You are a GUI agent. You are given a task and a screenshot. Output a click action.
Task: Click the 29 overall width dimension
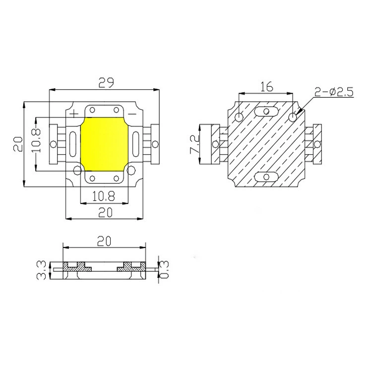[x=106, y=82]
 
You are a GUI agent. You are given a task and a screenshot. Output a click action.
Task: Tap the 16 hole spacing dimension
[x=267, y=87]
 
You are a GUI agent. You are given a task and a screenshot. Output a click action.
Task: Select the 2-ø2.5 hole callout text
[x=334, y=92]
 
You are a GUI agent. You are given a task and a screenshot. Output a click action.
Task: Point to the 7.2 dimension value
[x=194, y=144]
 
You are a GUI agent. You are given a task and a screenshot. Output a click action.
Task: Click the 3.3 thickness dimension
[x=41, y=270]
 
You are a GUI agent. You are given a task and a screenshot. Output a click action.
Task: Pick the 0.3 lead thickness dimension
[x=164, y=269]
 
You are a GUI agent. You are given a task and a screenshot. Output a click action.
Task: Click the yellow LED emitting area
[x=104, y=144]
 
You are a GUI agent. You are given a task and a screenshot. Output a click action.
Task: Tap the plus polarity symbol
[x=74, y=114]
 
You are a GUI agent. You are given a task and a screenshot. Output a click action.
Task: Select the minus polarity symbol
[x=132, y=114]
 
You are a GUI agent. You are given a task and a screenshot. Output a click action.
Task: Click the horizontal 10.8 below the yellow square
[x=104, y=196]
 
